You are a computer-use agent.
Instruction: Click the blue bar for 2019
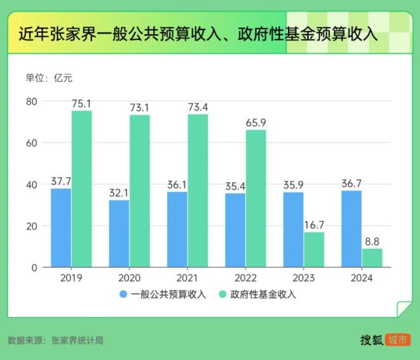(61, 227)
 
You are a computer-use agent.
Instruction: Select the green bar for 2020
(140, 190)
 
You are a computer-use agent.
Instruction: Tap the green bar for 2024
(372, 257)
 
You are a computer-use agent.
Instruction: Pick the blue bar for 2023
(294, 229)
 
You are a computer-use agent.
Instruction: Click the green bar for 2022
(256, 198)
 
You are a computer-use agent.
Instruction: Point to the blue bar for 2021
(177, 229)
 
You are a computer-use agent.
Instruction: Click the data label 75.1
(81, 103)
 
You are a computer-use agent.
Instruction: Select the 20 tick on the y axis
(32, 226)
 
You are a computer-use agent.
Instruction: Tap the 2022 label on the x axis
(245, 278)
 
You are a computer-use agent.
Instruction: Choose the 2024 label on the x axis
(362, 278)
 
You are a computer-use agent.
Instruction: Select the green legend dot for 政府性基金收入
(222, 294)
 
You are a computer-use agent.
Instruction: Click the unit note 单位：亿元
(49, 78)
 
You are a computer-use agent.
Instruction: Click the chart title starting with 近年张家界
(197, 34)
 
